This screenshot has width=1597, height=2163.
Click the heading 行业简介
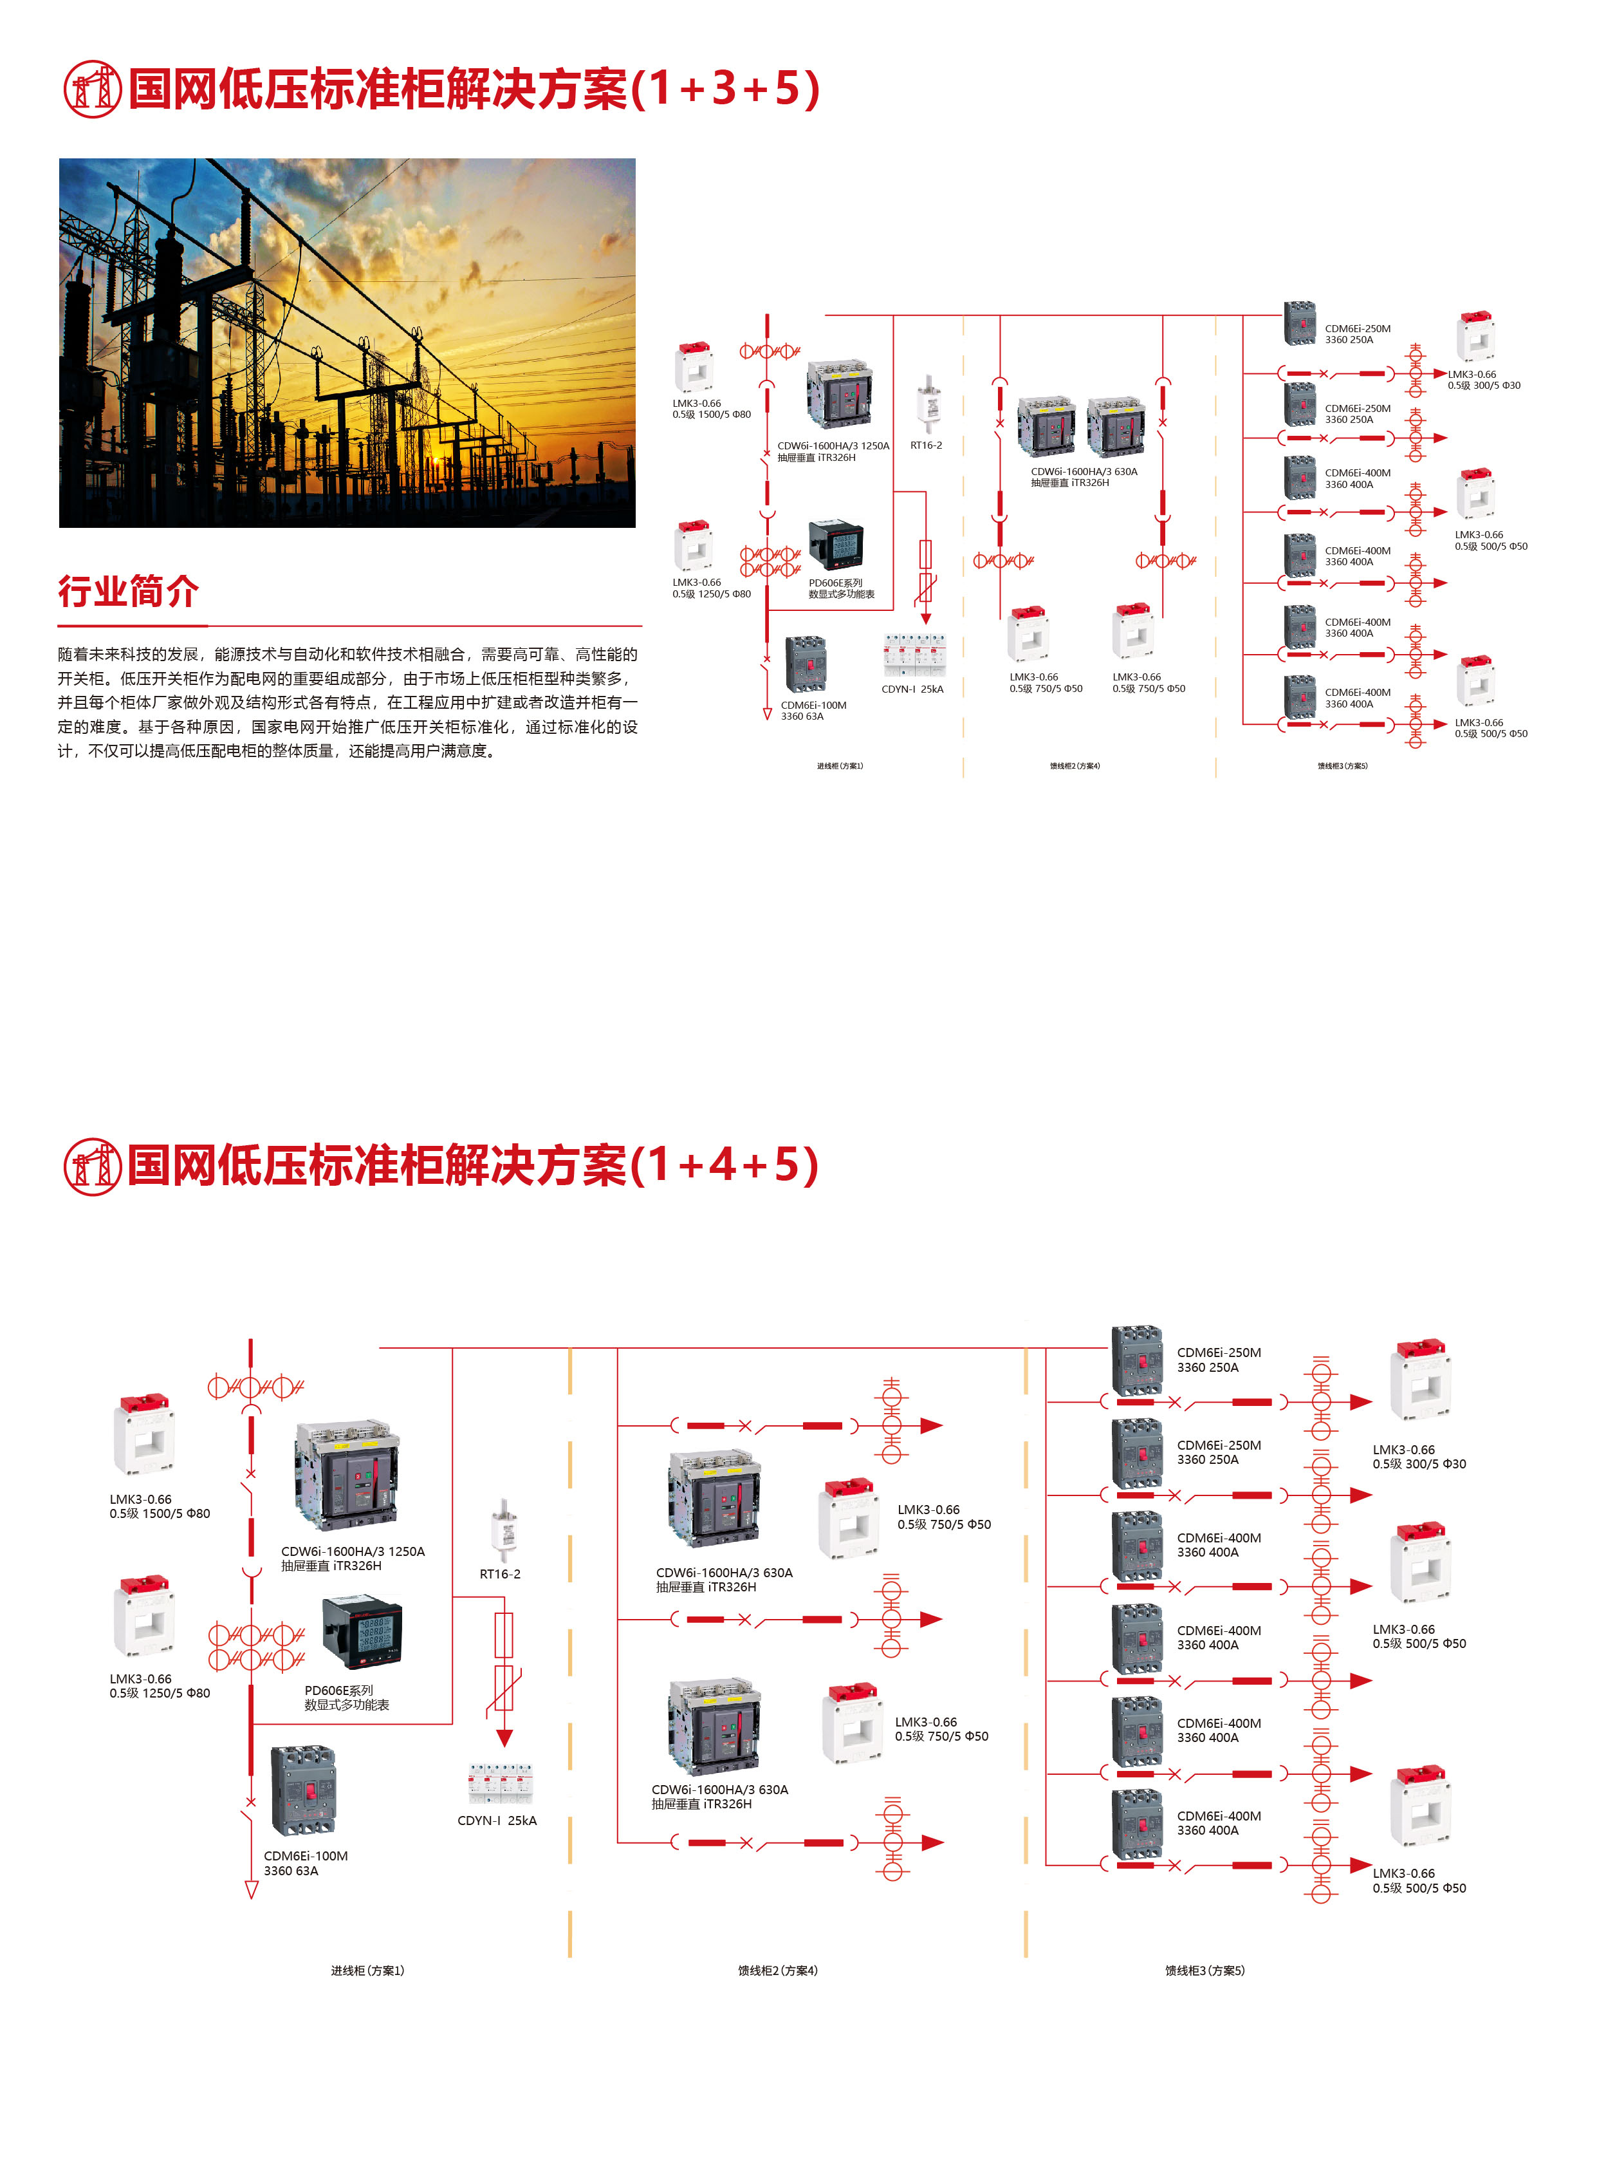(x=129, y=591)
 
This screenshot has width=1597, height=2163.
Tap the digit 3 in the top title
(x=723, y=89)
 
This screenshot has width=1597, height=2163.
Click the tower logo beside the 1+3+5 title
(x=92, y=89)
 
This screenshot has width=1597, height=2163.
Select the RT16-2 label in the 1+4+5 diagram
(x=500, y=1574)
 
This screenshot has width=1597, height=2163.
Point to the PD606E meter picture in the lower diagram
(x=362, y=1633)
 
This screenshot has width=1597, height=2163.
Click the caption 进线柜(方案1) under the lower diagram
(x=367, y=1971)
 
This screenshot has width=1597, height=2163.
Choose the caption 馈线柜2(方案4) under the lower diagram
(x=777, y=1971)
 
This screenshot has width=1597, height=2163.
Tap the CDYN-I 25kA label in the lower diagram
(x=497, y=1821)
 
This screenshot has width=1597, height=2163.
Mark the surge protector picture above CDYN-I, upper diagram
(x=914, y=655)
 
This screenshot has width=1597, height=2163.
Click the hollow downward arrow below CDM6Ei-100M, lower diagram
(x=252, y=1890)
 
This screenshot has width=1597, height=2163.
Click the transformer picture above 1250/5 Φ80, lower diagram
(x=144, y=1616)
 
